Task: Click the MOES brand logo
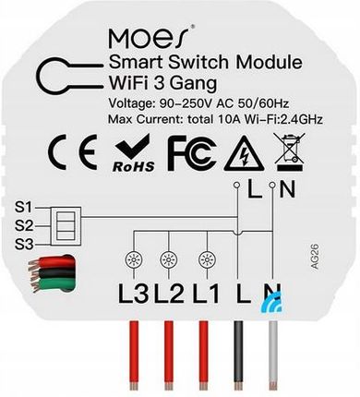coord(150,38)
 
